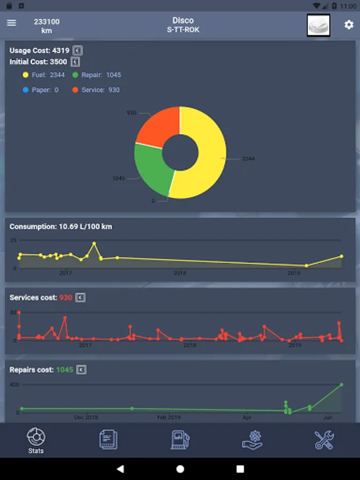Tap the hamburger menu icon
12,23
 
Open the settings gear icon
349,25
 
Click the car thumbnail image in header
318,25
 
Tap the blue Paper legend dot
25,90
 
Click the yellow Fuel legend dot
25,75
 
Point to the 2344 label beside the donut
249,159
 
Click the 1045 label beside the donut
118,178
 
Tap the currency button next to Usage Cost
78,51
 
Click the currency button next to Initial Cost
76,62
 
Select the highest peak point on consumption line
94,244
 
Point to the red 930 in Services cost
66,298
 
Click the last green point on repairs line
341,385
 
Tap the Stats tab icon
36,438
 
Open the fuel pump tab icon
180,439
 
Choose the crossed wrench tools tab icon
324,439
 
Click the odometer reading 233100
47,22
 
